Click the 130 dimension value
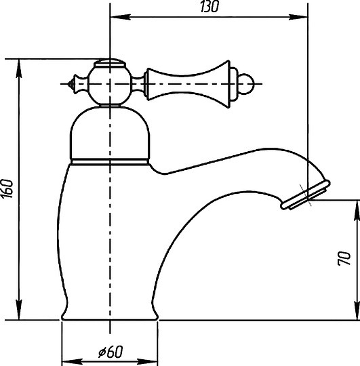click(209, 7)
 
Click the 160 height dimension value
click(7, 188)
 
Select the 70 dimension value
click(344, 258)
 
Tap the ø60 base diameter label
click(111, 352)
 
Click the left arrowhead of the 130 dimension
click(120, 17)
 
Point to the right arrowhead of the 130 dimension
click(298, 17)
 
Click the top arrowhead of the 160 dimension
click(19, 68)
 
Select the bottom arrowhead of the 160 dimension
click(19, 310)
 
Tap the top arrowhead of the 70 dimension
click(357, 210)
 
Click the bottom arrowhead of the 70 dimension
click(357, 310)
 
